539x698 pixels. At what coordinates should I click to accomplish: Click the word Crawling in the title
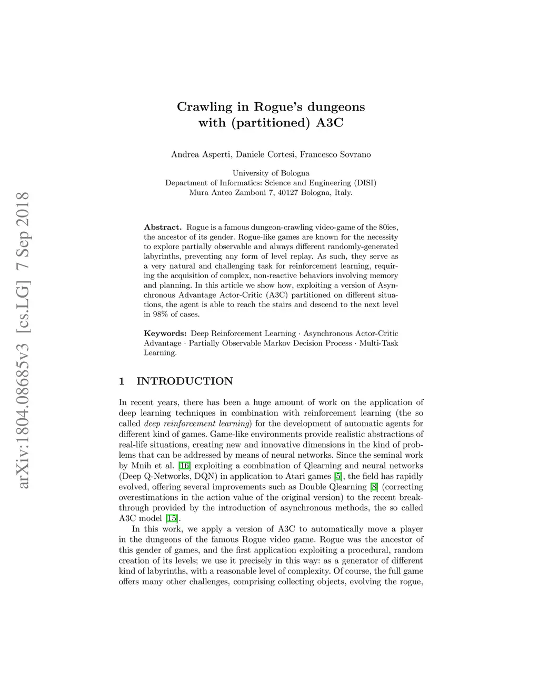coord(205,107)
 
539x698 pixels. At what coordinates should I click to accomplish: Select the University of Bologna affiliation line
coord(271,173)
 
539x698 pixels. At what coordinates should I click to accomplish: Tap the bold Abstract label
coord(163,227)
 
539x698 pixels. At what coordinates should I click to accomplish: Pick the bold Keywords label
coord(165,333)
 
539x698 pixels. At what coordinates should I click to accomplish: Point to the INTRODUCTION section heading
coord(184,381)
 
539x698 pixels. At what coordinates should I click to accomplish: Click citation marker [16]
coord(184,466)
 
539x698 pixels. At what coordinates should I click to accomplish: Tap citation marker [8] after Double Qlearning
coord(374,487)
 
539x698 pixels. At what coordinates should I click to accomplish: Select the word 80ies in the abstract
coord(388,227)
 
